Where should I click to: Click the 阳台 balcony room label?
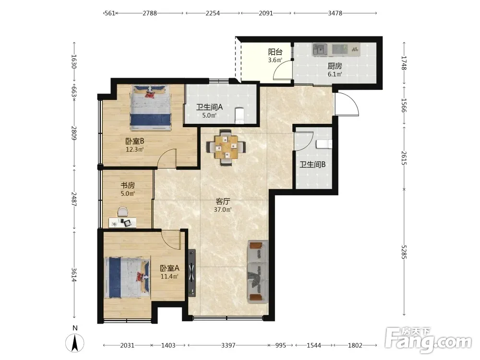pos(275,52)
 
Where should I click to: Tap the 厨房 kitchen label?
pos(335,66)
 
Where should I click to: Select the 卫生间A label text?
pos(209,107)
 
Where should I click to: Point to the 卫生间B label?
pos(312,164)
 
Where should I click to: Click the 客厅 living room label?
pos(223,202)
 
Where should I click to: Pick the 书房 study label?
pos(128,185)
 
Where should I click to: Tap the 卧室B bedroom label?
pos(135,141)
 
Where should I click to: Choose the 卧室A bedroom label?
pos(169,268)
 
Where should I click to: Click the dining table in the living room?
pos(226,147)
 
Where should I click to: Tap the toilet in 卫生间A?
pos(239,115)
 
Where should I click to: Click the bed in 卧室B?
pos(150,108)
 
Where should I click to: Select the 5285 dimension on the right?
pos(404,252)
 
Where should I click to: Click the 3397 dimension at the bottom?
pos(228,345)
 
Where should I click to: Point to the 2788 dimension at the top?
pos(150,13)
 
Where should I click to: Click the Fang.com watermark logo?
pos(429,340)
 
